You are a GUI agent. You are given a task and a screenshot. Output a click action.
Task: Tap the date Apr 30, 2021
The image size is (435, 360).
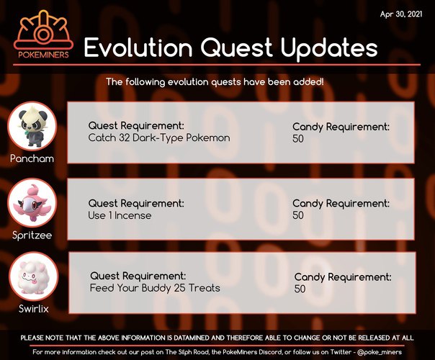tap(401, 14)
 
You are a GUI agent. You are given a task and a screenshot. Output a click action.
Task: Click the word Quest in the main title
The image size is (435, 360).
tap(236, 48)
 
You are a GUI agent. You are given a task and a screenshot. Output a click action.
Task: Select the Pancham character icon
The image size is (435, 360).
tap(32, 126)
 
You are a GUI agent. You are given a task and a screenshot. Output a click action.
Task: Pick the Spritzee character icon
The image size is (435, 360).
tap(32, 203)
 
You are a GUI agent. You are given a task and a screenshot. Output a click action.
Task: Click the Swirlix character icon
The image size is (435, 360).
tap(34, 276)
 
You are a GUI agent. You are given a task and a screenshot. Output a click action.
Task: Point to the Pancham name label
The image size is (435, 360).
tap(32, 158)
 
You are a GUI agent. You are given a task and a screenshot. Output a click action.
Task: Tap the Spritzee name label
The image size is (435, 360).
tap(32, 235)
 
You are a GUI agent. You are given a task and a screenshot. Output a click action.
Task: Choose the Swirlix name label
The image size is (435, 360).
tap(34, 309)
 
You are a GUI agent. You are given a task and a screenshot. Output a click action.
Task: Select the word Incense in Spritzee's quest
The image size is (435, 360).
tap(133, 215)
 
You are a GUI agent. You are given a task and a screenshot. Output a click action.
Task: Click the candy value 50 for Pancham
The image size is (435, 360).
tap(298, 139)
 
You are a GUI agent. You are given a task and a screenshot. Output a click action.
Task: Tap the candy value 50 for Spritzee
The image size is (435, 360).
tap(298, 215)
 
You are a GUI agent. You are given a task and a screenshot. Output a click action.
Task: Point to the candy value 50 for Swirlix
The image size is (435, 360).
tap(300, 289)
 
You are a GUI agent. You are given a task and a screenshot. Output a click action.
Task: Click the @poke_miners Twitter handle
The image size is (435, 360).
tap(380, 352)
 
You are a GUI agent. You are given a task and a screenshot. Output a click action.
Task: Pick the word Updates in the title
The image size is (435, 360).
tap(329, 49)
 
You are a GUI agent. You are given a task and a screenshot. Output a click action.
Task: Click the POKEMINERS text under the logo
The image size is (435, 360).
tap(43, 55)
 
